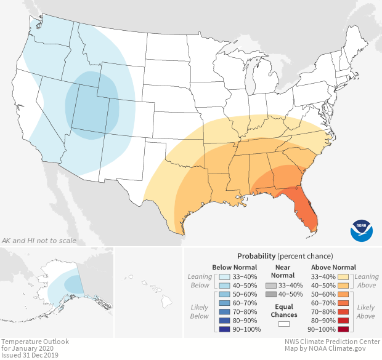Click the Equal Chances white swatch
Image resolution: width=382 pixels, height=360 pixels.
283,322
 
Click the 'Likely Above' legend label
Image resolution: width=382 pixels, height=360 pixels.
366,311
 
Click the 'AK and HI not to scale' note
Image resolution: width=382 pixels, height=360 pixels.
39,241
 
